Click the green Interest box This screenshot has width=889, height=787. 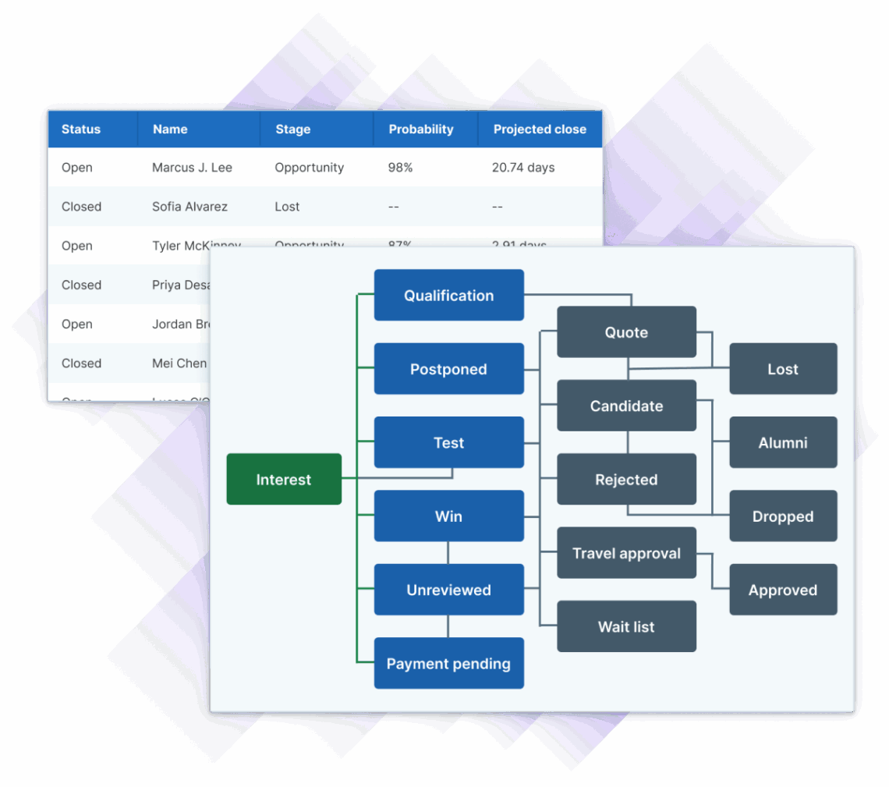284,480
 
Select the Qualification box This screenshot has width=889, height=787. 448,296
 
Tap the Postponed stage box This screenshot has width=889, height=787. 448,369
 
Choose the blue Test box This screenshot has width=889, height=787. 448,442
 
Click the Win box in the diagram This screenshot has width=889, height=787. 448,516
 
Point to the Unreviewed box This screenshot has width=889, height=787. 448,590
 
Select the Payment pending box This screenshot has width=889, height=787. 448,664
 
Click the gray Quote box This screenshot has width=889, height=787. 626,332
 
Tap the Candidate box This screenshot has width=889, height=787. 626,406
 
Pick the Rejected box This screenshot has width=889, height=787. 626,480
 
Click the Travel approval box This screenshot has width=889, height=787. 626,553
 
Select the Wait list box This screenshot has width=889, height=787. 626,626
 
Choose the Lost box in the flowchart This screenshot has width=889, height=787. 783,369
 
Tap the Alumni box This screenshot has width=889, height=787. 783,442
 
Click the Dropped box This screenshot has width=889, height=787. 783,516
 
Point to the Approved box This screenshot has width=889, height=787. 783,590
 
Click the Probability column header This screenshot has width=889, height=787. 421,129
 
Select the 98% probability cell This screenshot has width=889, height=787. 400,168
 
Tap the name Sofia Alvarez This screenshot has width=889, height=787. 189,207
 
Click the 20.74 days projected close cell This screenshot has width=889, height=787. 523,168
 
